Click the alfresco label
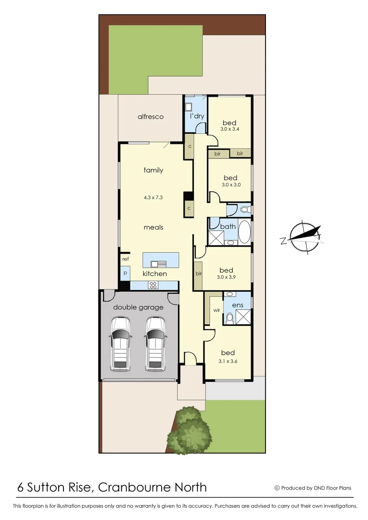[x=151, y=117]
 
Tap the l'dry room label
[x=197, y=117]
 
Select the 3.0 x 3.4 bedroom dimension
[x=230, y=129]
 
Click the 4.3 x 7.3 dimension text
[x=153, y=197]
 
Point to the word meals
[x=153, y=227]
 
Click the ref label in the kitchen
[x=125, y=259]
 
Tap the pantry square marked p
[x=125, y=273]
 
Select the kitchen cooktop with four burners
[x=153, y=285]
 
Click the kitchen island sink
[x=158, y=263]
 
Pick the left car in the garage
[x=120, y=343]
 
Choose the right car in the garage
[x=155, y=343]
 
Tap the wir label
[x=216, y=311]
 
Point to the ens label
[x=237, y=305]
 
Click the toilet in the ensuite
[x=229, y=318]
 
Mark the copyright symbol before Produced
[x=277, y=488]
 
